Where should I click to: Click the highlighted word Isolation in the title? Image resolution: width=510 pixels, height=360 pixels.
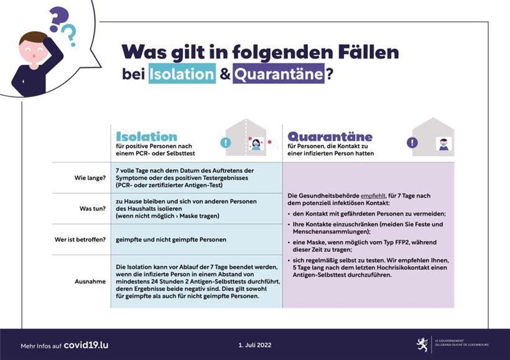(x=182, y=75)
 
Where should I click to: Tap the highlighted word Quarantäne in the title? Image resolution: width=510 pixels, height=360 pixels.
(x=279, y=75)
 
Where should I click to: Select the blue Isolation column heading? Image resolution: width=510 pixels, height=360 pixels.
(x=147, y=136)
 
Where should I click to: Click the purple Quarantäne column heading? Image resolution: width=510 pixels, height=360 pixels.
(x=330, y=136)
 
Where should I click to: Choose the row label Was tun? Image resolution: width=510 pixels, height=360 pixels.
(x=92, y=208)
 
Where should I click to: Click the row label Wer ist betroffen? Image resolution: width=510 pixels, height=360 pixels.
(x=80, y=239)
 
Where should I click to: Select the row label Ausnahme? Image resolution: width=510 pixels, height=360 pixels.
(x=90, y=281)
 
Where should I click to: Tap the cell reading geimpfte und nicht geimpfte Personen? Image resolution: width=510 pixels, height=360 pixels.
(x=171, y=239)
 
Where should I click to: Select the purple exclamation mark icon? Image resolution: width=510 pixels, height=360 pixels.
(x=412, y=142)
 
